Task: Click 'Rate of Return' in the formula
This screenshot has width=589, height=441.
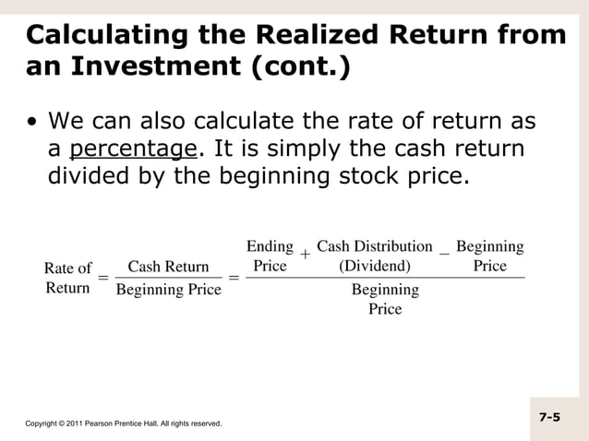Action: click(68, 278)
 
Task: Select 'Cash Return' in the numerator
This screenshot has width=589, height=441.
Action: click(168, 268)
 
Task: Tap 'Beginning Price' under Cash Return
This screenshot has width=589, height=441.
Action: click(168, 290)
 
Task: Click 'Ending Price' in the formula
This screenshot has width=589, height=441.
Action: click(270, 256)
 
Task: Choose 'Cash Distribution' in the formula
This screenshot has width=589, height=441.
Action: click(374, 246)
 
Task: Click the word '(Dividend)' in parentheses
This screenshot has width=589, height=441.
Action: click(375, 266)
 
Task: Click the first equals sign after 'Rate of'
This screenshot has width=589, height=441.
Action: click(103, 278)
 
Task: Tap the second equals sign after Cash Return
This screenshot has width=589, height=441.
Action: click(234, 278)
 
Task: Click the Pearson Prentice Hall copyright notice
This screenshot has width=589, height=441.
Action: click(123, 423)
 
